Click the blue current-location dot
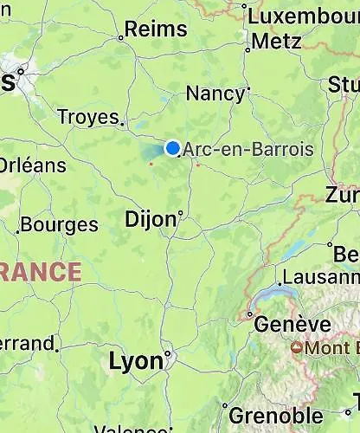click(173, 148)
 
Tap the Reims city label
click(157, 29)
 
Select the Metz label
click(278, 41)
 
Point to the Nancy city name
click(215, 94)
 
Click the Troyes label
click(87, 116)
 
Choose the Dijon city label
click(151, 218)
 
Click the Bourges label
click(60, 225)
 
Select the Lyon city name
click(136, 361)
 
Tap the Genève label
click(294, 325)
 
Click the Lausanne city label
click(321, 277)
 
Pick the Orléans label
click(29, 165)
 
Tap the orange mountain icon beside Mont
click(297, 348)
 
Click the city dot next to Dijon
click(180, 211)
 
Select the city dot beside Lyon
click(168, 353)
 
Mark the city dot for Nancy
click(248, 87)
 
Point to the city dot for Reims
click(120, 37)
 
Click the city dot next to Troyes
click(123, 123)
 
